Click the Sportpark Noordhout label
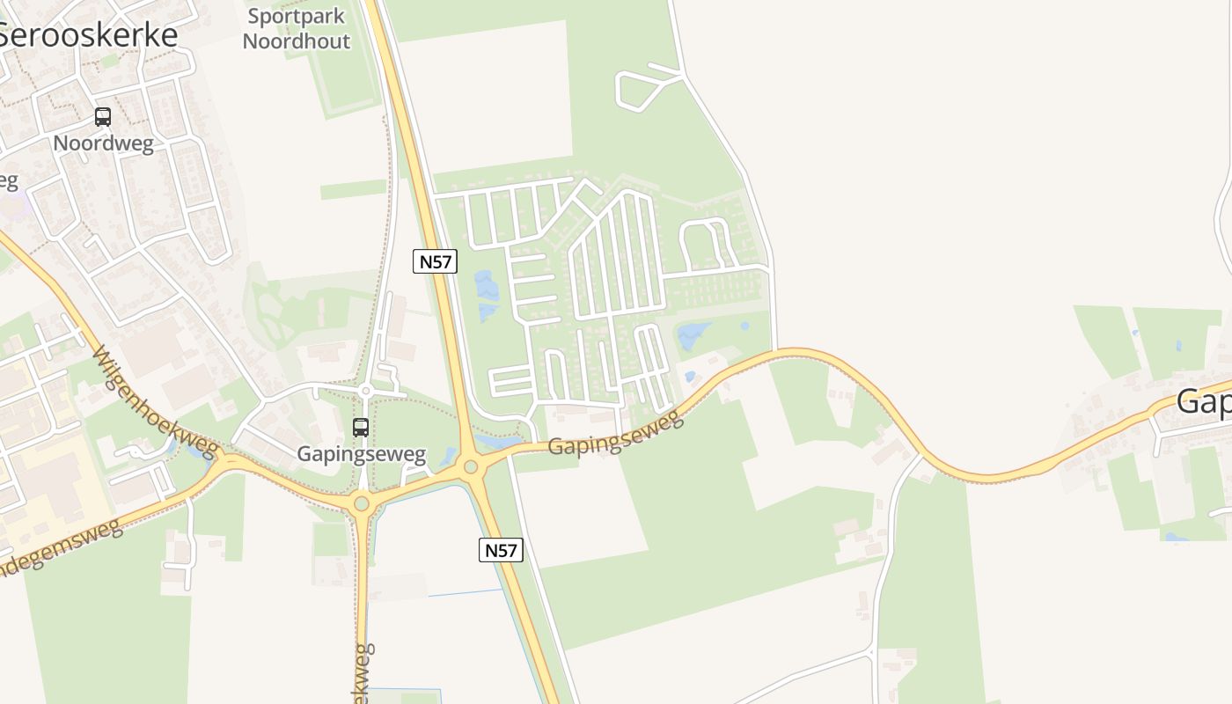pyautogui.click(x=297, y=28)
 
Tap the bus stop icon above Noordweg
pyautogui.click(x=103, y=116)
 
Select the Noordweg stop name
pyautogui.click(x=103, y=143)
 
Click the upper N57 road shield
pyautogui.click(x=436, y=260)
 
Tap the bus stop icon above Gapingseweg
pyautogui.click(x=361, y=428)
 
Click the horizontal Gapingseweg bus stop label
pyautogui.click(x=361, y=454)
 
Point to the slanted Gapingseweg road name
pyautogui.click(x=616, y=433)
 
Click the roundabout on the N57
pyautogui.click(x=471, y=466)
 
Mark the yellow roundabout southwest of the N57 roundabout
pyautogui.click(x=361, y=504)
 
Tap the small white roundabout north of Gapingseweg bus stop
pyautogui.click(x=366, y=391)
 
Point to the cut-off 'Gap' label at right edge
pyautogui.click(x=1204, y=401)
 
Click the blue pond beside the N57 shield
pyautogui.click(x=486, y=295)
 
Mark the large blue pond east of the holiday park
pyautogui.click(x=693, y=335)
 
